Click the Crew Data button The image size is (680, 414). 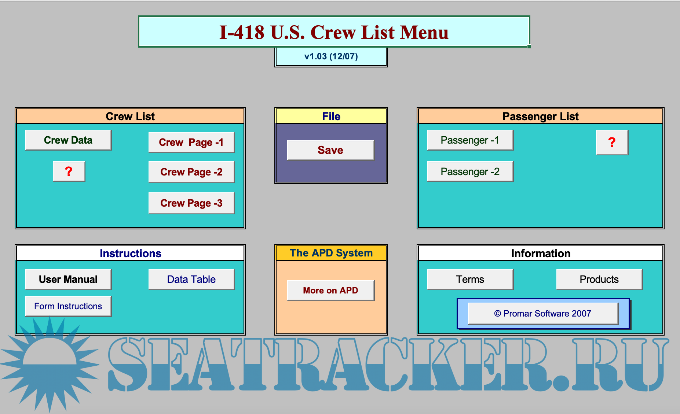(68, 140)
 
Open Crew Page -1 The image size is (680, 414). (191, 142)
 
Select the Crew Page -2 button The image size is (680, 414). (191, 172)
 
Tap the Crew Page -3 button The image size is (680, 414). (191, 203)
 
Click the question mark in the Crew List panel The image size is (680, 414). (69, 171)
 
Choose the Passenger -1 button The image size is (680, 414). (470, 140)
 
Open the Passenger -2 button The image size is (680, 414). (470, 171)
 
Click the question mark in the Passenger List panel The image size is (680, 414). (612, 142)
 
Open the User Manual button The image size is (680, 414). (68, 279)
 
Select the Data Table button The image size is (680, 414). (191, 279)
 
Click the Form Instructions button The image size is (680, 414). (68, 306)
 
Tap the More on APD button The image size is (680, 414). (330, 291)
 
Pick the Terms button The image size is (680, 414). (470, 279)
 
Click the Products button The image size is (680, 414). (599, 279)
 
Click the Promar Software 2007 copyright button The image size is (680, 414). (543, 314)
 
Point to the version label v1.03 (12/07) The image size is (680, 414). (331, 56)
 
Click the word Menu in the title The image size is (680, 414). (424, 32)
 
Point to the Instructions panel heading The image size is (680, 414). (130, 253)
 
